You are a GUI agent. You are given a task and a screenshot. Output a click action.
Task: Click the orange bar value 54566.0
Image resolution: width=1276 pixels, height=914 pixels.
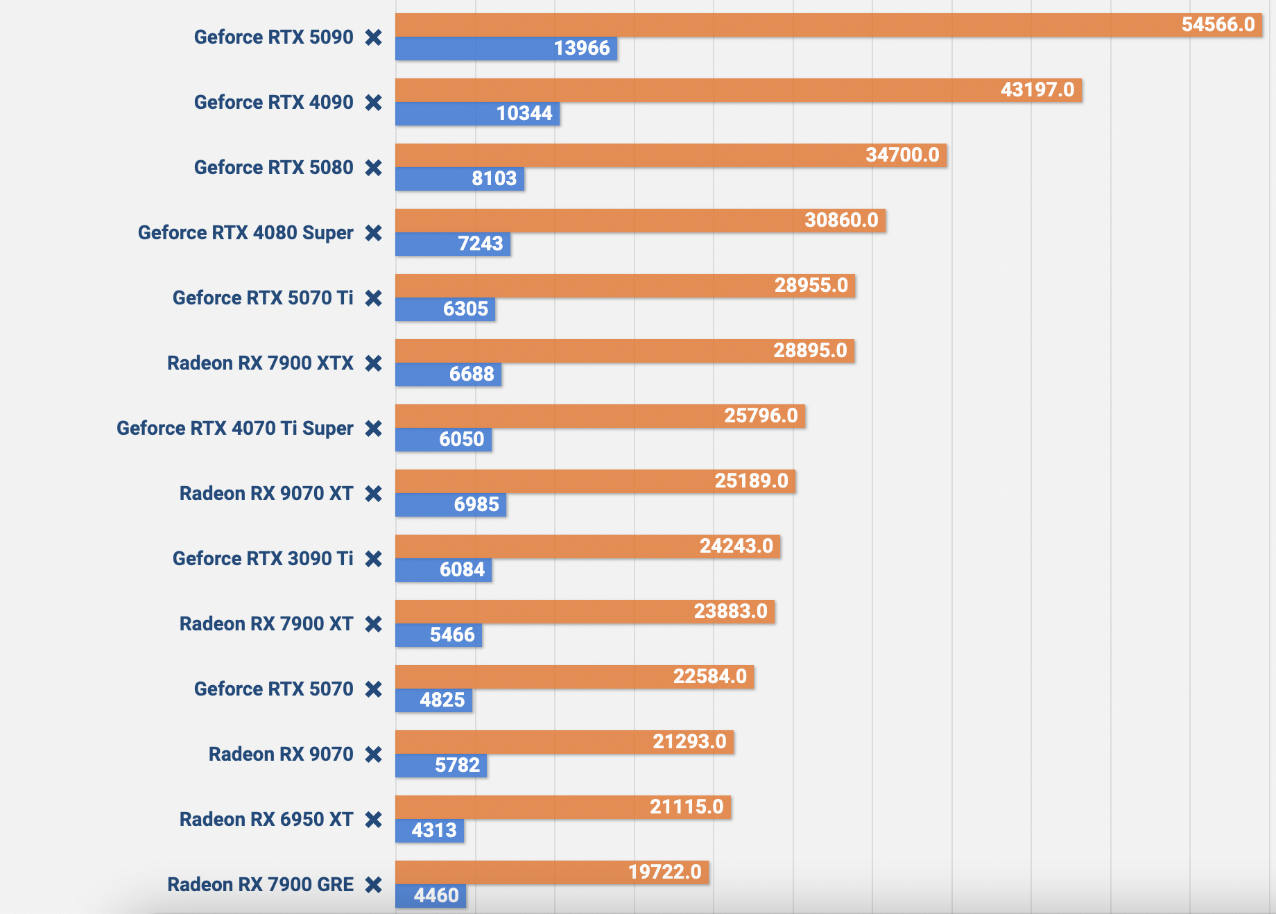point(1218,25)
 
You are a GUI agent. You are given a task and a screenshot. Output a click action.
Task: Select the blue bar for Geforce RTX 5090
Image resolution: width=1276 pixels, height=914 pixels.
point(506,49)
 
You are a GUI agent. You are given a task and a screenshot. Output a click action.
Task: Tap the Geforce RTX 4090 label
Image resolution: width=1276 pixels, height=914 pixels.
point(273,103)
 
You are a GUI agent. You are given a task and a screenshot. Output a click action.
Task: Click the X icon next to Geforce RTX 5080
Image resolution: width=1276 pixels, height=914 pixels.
point(374,168)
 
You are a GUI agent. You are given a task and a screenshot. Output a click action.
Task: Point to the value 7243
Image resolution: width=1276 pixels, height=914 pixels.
point(480,244)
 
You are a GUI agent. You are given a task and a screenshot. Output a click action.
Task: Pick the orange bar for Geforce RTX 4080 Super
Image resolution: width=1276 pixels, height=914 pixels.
point(639,221)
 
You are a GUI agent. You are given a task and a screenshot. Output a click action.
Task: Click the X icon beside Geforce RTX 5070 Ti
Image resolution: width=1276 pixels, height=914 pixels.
point(374,298)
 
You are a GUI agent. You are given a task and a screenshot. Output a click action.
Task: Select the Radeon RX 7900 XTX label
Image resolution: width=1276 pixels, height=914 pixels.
point(260,363)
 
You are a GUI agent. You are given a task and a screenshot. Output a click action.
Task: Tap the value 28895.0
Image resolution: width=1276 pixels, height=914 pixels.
point(810,351)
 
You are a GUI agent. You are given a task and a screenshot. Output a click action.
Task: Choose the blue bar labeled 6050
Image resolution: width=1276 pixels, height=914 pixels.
point(444,440)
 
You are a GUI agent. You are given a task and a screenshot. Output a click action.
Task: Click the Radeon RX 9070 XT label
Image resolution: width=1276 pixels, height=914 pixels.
point(266,494)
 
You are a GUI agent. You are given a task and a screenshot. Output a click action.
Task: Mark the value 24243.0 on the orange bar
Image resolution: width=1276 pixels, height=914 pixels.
point(736,546)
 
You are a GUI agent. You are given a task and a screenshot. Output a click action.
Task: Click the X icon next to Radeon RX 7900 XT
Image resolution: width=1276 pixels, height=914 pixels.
point(374,624)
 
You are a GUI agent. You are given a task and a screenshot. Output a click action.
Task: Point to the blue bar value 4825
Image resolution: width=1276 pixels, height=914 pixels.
point(442,700)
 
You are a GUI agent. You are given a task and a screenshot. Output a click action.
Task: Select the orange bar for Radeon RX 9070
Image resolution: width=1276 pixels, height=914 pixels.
point(564,742)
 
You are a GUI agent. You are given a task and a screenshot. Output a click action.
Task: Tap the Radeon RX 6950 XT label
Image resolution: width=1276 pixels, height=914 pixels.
point(266,820)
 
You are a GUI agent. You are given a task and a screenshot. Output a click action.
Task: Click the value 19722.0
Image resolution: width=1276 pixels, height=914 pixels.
point(664,872)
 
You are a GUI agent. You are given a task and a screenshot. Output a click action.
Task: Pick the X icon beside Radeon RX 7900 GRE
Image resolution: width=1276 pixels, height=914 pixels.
point(374,885)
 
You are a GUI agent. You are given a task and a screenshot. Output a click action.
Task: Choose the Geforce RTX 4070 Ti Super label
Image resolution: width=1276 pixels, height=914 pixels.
point(234,429)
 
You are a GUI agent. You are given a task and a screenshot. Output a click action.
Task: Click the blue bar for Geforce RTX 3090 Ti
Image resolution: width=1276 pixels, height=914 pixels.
point(444,570)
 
